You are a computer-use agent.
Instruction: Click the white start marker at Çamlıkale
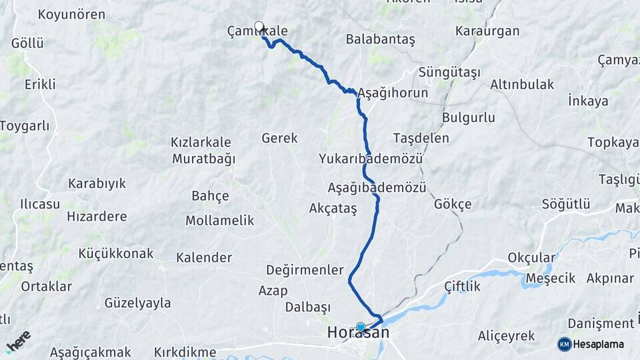[x=259, y=27]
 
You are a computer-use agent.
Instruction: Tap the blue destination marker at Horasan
[x=361, y=327]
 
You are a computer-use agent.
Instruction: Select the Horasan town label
[x=358, y=333]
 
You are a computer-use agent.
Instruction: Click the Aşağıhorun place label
[x=393, y=93]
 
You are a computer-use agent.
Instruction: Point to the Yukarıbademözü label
[x=371, y=159]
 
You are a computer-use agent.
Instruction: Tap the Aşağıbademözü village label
[x=377, y=187]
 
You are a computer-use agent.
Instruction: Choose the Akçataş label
[x=333, y=209]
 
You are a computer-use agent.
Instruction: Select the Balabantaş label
[x=380, y=39]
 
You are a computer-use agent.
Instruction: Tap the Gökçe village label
[x=453, y=204]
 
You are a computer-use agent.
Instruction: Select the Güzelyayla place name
[x=137, y=303]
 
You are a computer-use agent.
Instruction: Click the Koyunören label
[x=71, y=15]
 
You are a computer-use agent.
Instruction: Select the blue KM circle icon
[x=564, y=344]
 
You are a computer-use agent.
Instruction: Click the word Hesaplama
[x=597, y=345]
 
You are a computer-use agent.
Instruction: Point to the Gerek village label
[x=279, y=138]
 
